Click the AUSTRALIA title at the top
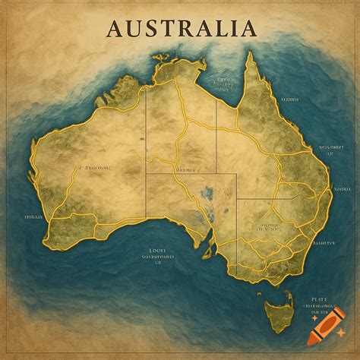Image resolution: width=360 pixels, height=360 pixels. [181, 28]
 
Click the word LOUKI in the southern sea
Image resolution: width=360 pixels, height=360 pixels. [158, 248]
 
